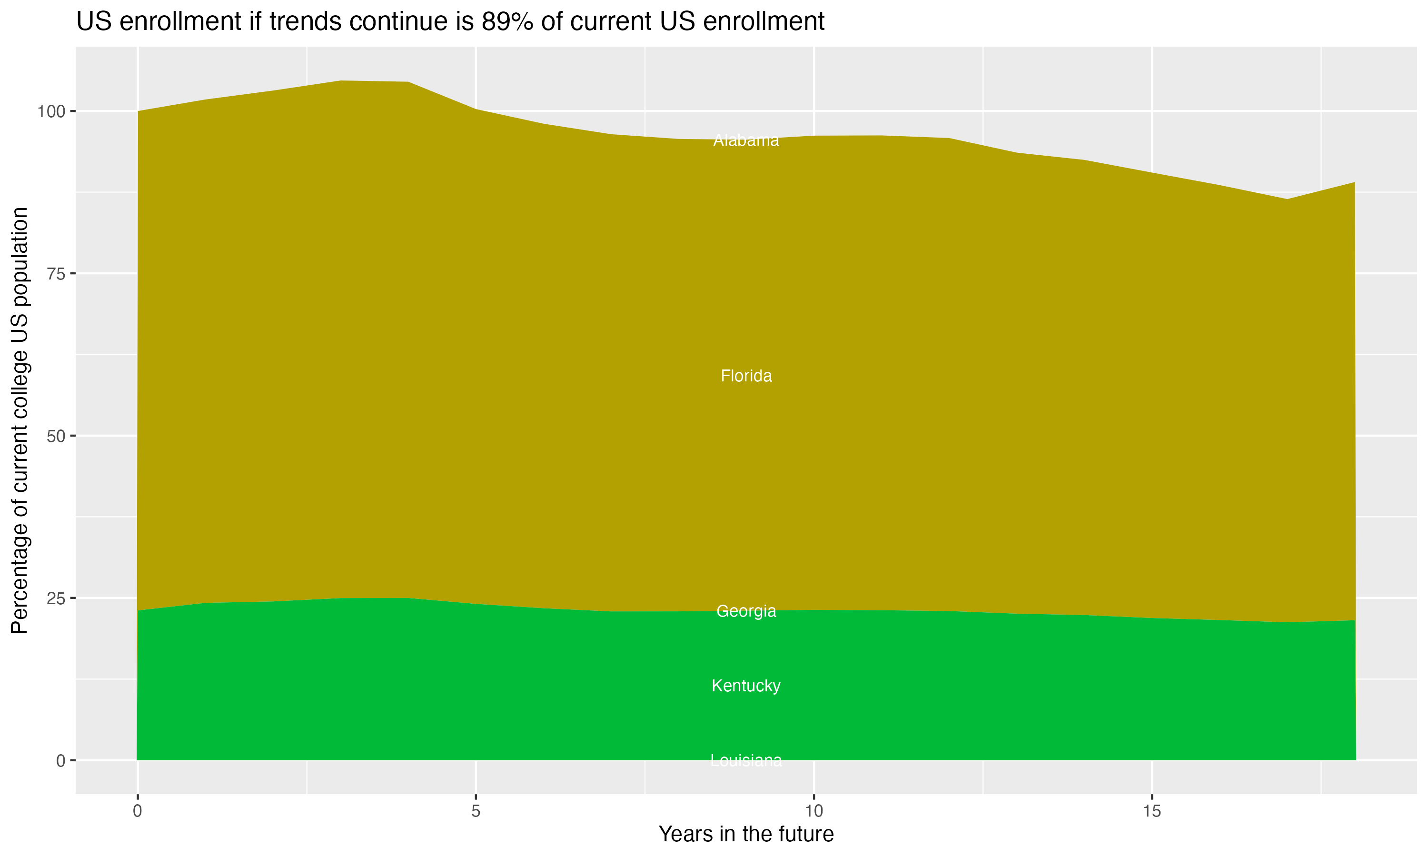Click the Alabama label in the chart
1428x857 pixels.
[746, 140]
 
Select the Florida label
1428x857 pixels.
[746, 376]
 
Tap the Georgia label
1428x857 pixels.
[746, 611]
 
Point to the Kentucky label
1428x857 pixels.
[746, 686]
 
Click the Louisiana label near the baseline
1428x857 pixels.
[746, 760]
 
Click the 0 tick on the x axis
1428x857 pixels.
[138, 811]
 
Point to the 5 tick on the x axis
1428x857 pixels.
[476, 811]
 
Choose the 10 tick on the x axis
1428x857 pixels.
[814, 811]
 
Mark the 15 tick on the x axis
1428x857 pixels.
[1152, 811]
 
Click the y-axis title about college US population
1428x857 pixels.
[20, 420]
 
